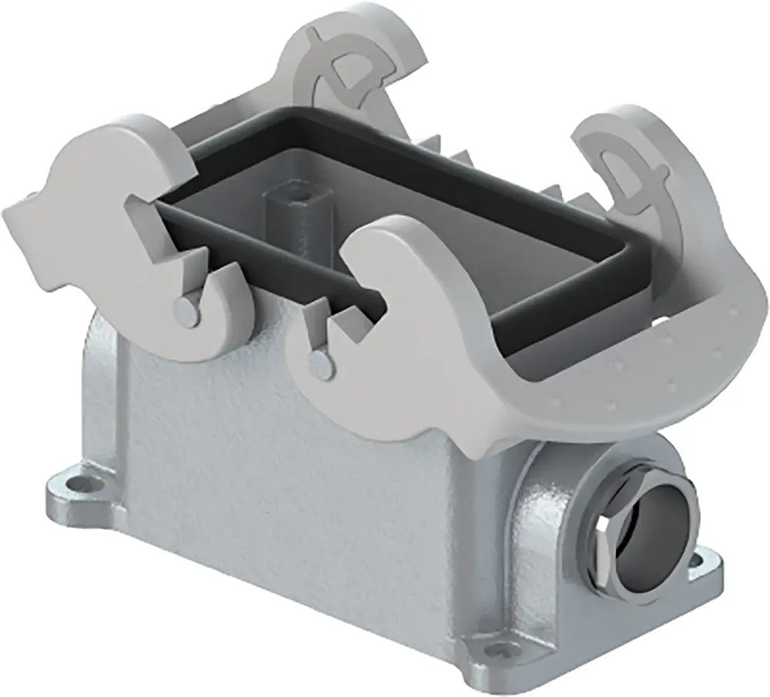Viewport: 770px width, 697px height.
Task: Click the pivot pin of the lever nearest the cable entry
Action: tap(316, 360)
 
